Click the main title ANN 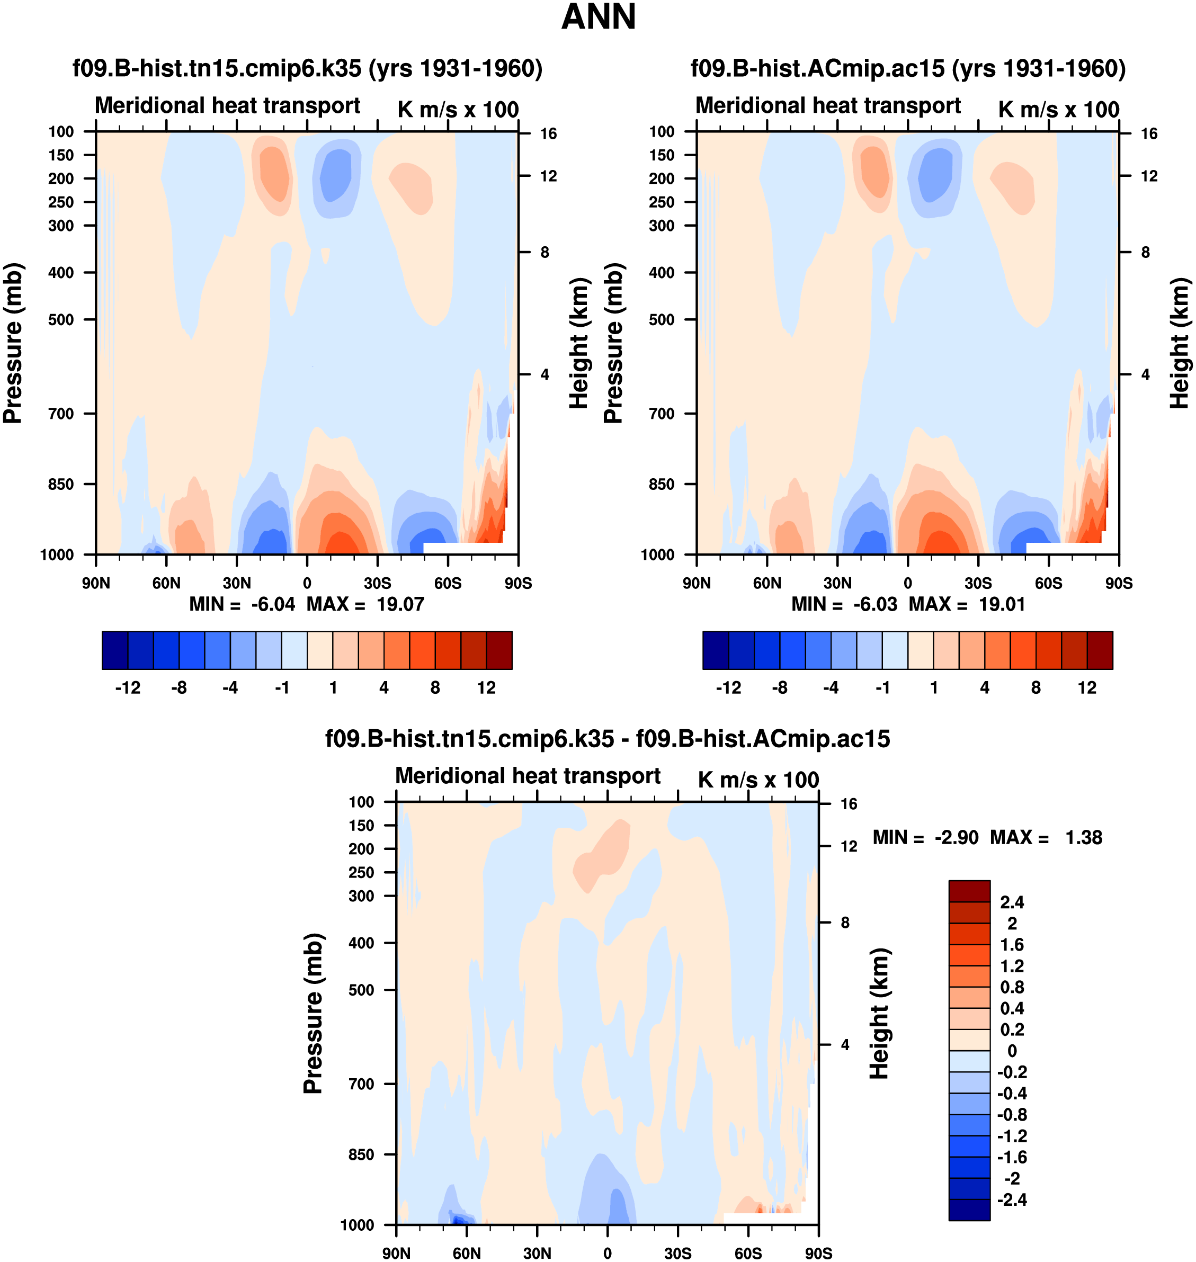coord(598,17)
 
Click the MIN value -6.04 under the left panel coord(273,604)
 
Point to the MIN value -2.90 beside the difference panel coord(956,837)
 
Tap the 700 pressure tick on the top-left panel coord(61,414)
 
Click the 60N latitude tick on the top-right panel coord(767,583)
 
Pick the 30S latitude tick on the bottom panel coord(677,1253)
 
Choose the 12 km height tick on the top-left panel coord(548,176)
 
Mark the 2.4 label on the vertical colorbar coord(1012,902)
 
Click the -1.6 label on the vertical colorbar coord(1012,1158)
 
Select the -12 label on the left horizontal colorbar coord(128,688)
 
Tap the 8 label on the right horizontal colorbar coord(1036,688)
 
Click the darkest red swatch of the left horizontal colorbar coord(499,650)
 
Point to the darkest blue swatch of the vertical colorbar coord(969,1210)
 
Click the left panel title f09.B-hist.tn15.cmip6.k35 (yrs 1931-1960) coord(307,68)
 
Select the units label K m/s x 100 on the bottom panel coord(758,780)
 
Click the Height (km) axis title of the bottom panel coord(879,1014)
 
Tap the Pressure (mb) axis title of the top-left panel coord(13,343)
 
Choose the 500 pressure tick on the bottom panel coord(361,990)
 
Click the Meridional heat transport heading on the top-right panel coord(827,106)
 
